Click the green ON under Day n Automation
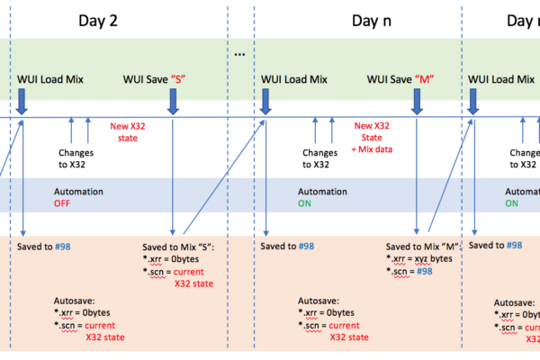coord(307,203)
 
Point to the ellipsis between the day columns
coord(239,54)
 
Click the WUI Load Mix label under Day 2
coord(50,79)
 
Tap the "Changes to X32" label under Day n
coord(319,159)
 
